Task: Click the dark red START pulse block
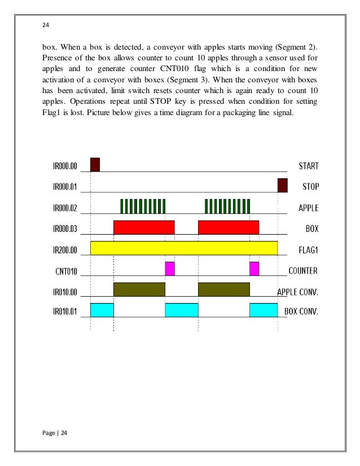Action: pyautogui.click(x=95, y=164)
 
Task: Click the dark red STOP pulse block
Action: pyautogui.click(x=283, y=185)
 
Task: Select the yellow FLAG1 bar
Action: pyautogui.click(x=184, y=248)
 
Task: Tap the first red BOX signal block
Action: pyautogui.click(x=144, y=227)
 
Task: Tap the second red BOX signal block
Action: pyautogui.click(x=229, y=227)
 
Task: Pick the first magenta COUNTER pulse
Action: pyautogui.click(x=170, y=269)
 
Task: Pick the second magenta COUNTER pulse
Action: pyautogui.click(x=254, y=269)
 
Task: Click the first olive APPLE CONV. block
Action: pyautogui.click(x=139, y=289)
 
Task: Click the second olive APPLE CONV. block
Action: pyautogui.click(x=224, y=289)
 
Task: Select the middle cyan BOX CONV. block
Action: pyautogui.click(x=182, y=310)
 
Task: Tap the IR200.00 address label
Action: pyautogui.click(x=63, y=250)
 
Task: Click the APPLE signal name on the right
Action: pyautogui.click(x=308, y=208)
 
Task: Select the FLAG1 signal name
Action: pyautogui.click(x=308, y=250)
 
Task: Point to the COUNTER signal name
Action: pyautogui.click(x=303, y=271)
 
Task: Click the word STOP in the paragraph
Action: pyautogui.click(x=223, y=103)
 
